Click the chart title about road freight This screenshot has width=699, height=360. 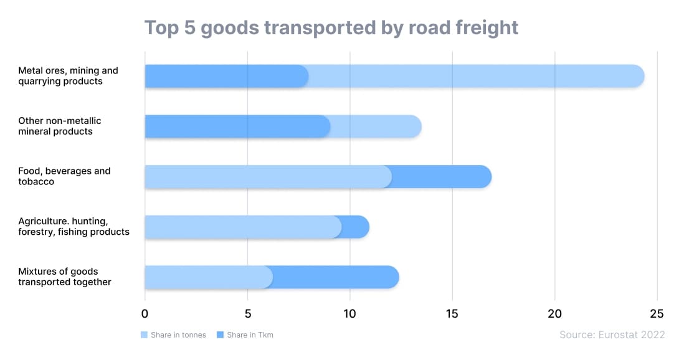pyautogui.click(x=331, y=28)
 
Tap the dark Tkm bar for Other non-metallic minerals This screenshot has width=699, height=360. pyautogui.click(x=237, y=126)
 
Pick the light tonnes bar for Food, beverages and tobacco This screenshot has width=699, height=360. pyautogui.click(x=268, y=177)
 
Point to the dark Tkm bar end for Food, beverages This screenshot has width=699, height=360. pyautogui.click(x=442, y=177)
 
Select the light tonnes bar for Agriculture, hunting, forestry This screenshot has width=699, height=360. pyautogui.click(x=243, y=227)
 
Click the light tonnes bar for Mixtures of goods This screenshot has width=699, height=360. pyautogui.click(x=208, y=277)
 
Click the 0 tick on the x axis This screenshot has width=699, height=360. pyautogui.click(x=145, y=313)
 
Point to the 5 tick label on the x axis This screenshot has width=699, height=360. pyautogui.click(x=247, y=313)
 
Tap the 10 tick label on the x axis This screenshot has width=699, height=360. pyautogui.click(x=349, y=313)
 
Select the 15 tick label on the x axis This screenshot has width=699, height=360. pyautogui.click(x=452, y=313)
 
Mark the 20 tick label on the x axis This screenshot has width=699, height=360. pyautogui.click(x=554, y=313)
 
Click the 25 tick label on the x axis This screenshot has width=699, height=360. pyautogui.click(x=657, y=313)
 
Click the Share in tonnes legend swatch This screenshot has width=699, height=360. pyautogui.click(x=145, y=335)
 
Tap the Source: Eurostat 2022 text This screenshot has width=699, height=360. pyautogui.click(x=612, y=335)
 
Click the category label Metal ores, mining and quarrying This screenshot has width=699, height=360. pyautogui.click(x=68, y=76)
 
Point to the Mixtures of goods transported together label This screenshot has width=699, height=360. pyautogui.click(x=65, y=277)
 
